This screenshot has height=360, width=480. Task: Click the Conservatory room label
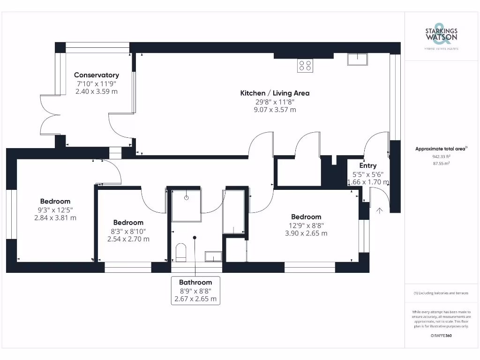click(x=97, y=75)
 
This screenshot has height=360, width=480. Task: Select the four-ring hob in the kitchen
click(x=305, y=66)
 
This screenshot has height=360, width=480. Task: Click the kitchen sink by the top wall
click(x=358, y=59)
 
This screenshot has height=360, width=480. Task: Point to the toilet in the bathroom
click(x=181, y=253)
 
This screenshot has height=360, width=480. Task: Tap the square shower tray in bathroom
click(x=186, y=205)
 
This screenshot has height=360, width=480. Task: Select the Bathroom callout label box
click(x=195, y=291)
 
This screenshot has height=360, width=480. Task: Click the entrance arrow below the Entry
click(x=379, y=211)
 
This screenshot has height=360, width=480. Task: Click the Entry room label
click(x=368, y=165)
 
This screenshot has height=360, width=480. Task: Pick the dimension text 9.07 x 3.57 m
click(x=275, y=110)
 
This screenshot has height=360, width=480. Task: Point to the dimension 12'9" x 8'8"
click(x=306, y=225)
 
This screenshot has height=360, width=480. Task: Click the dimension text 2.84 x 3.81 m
click(x=55, y=217)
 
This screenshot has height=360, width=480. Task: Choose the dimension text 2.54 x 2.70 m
click(x=128, y=239)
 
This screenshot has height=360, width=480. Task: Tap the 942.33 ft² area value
click(x=441, y=157)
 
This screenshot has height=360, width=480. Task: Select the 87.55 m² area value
click(x=441, y=164)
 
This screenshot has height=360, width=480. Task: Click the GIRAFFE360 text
click(x=441, y=336)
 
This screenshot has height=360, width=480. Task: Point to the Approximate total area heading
click(x=441, y=149)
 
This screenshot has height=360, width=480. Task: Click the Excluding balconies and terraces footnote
click(x=441, y=293)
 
